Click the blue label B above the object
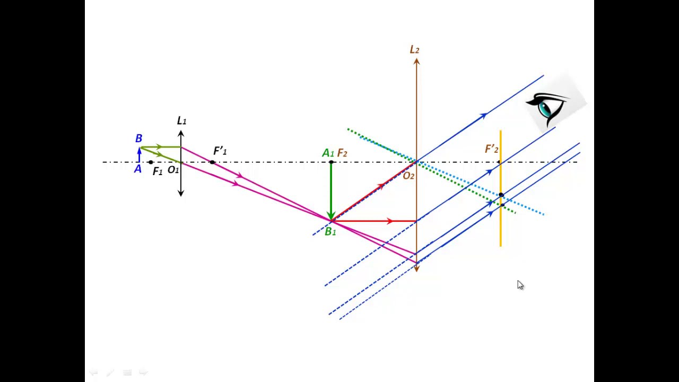pos(138,138)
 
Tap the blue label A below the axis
pos(138,169)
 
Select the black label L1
pos(181,120)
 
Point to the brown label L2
pos(414,49)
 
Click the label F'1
pos(220,151)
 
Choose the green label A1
pos(328,153)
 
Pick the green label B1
pos(330,232)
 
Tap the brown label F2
pos(342,153)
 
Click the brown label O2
pos(408,176)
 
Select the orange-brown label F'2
pos(492,149)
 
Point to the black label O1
pos(173,170)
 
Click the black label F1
pos(158,171)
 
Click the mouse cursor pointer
pos(520,285)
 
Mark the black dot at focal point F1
pos(151,162)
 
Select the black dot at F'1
pos(212,162)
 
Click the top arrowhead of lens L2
pos(416,61)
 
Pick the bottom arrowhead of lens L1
pos(181,193)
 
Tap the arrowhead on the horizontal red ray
pos(390,221)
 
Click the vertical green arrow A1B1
pos(331,191)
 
